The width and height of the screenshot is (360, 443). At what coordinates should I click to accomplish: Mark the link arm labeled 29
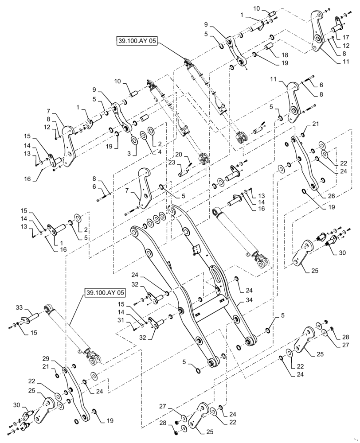(x=72, y=392)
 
